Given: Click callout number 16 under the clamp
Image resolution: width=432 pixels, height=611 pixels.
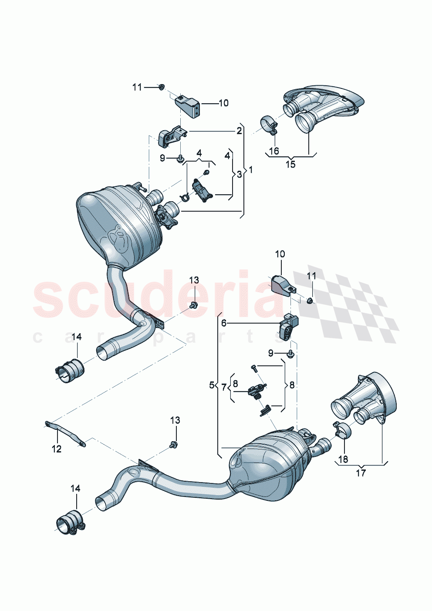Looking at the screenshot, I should point(274,151).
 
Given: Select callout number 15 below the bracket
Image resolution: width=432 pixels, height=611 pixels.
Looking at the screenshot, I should point(290,164).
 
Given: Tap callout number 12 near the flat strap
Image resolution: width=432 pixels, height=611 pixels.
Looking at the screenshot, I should point(57,449).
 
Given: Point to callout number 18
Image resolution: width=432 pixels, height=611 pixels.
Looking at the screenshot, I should point(343,459).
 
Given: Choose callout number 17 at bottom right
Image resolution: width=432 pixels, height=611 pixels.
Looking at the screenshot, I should point(361,473).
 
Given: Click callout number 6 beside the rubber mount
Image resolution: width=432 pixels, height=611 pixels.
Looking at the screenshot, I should point(224,323).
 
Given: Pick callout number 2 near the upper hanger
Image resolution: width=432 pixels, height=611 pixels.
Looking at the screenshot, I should point(240,130).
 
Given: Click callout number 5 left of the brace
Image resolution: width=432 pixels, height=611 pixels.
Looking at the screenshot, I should point(212,385).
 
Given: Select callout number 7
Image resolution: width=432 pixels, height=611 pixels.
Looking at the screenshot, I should point(224,386).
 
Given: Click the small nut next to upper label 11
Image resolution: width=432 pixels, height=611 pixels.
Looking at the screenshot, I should point(161,87).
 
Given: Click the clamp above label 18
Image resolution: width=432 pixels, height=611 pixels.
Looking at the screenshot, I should point(343,430).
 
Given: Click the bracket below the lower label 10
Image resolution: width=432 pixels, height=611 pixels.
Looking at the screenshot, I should point(281,285).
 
